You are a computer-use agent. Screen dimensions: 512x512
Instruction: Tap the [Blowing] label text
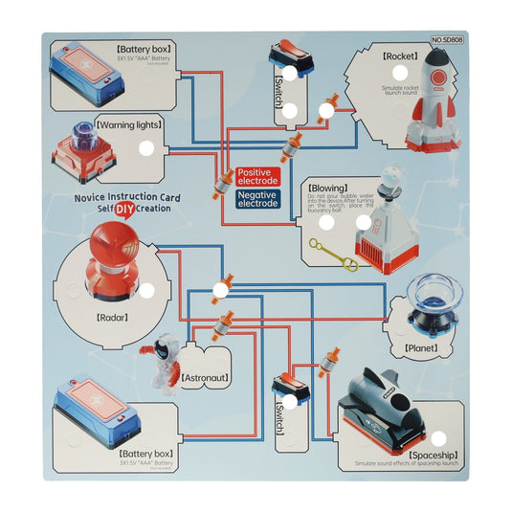click(329, 189)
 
